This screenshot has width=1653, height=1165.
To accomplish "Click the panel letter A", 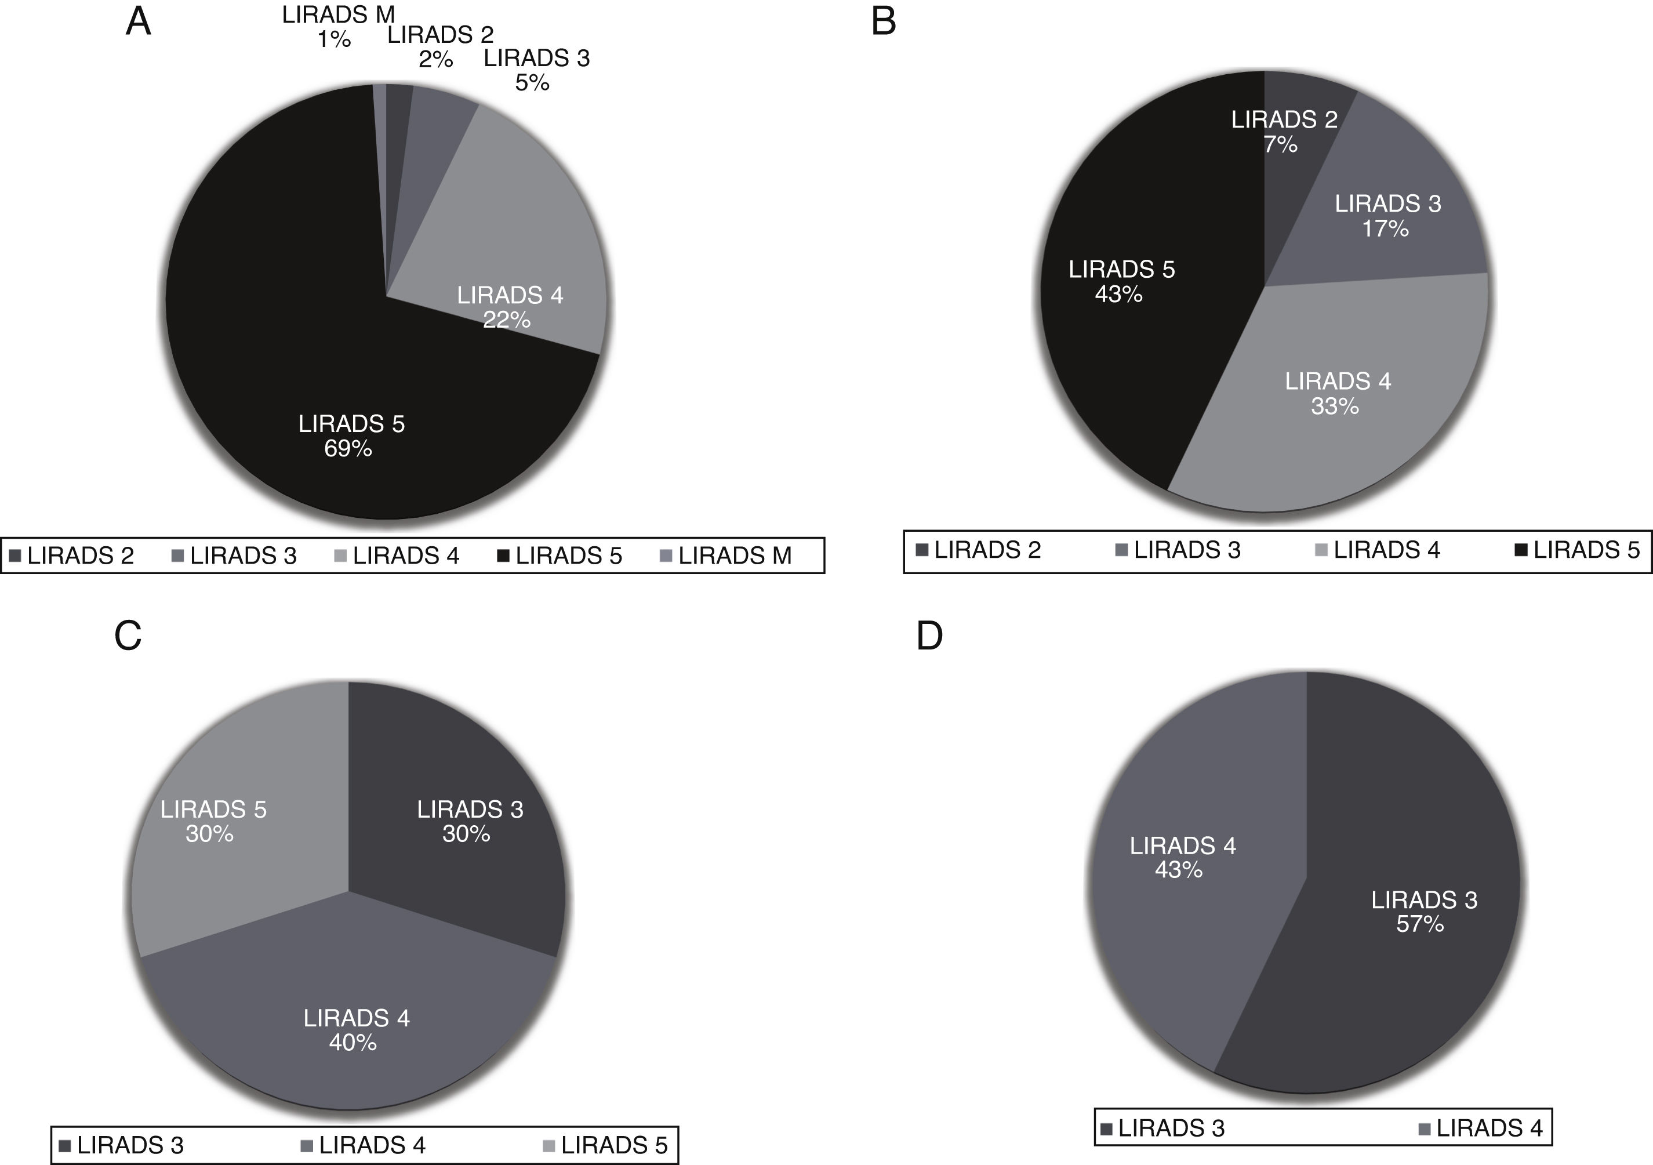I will (x=138, y=21).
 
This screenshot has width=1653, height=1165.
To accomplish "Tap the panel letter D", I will (x=929, y=636).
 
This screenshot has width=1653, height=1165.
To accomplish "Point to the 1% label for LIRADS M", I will (x=334, y=39).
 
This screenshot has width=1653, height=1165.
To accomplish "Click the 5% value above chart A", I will (x=532, y=83).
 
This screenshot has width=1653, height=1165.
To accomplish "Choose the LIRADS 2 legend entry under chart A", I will (x=72, y=556).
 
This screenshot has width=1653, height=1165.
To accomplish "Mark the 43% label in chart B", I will (x=1119, y=294).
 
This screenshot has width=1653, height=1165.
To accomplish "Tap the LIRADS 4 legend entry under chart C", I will (x=364, y=1145).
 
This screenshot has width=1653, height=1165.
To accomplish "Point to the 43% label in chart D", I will (x=1179, y=870).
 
